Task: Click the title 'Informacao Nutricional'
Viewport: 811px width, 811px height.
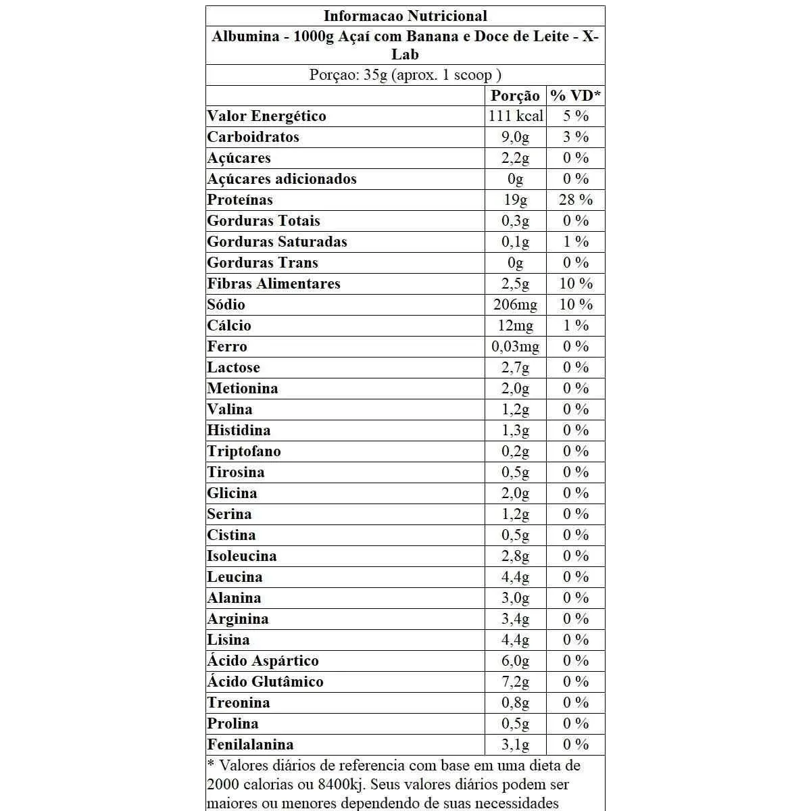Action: tap(405, 16)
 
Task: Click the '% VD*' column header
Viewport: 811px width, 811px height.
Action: tap(576, 95)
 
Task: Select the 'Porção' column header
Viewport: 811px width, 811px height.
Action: tap(515, 95)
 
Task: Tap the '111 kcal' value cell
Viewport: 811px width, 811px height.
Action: tap(516, 116)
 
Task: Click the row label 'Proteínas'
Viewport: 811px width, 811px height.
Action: tap(240, 200)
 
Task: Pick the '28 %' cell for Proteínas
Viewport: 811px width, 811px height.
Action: tap(576, 200)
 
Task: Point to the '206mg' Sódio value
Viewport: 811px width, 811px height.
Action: tap(516, 305)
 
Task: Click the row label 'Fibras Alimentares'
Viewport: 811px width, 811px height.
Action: tap(274, 284)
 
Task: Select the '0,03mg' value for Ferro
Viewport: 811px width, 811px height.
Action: tap(516, 347)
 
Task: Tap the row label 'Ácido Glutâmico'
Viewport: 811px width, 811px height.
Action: tap(265, 682)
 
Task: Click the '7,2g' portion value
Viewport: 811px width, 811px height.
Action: tap(516, 682)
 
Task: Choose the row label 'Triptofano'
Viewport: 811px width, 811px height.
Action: tap(244, 451)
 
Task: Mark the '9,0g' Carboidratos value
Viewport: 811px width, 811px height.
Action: tap(516, 137)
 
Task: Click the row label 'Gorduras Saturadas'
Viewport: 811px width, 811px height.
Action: tap(277, 242)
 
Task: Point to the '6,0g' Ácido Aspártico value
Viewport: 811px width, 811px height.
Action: tap(516, 661)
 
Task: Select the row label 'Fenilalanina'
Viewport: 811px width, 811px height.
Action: tap(250, 745)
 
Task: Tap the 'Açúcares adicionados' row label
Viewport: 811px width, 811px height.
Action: tap(282, 179)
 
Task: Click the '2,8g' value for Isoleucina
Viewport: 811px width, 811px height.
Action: tap(516, 556)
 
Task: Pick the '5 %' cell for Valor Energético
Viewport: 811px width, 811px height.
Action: tap(576, 116)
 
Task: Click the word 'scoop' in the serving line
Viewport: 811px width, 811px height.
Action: tap(473, 75)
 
